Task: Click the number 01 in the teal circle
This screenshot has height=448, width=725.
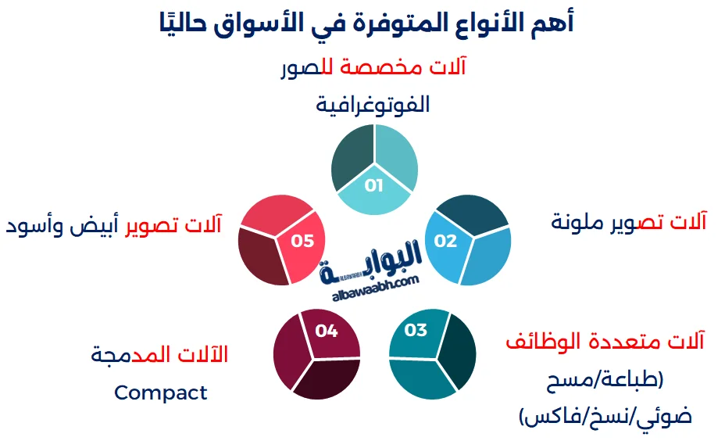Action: (373, 185)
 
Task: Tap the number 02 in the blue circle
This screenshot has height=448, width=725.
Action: (445, 241)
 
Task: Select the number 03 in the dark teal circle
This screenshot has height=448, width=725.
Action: (416, 330)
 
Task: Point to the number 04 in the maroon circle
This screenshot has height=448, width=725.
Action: (327, 331)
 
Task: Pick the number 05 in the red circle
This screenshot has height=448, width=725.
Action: (302, 241)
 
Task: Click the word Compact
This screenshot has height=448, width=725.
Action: (160, 393)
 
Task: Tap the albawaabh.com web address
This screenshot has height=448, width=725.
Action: (376, 289)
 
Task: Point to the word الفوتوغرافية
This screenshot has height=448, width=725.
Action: (373, 105)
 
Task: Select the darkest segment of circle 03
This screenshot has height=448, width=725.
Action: (458, 352)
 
